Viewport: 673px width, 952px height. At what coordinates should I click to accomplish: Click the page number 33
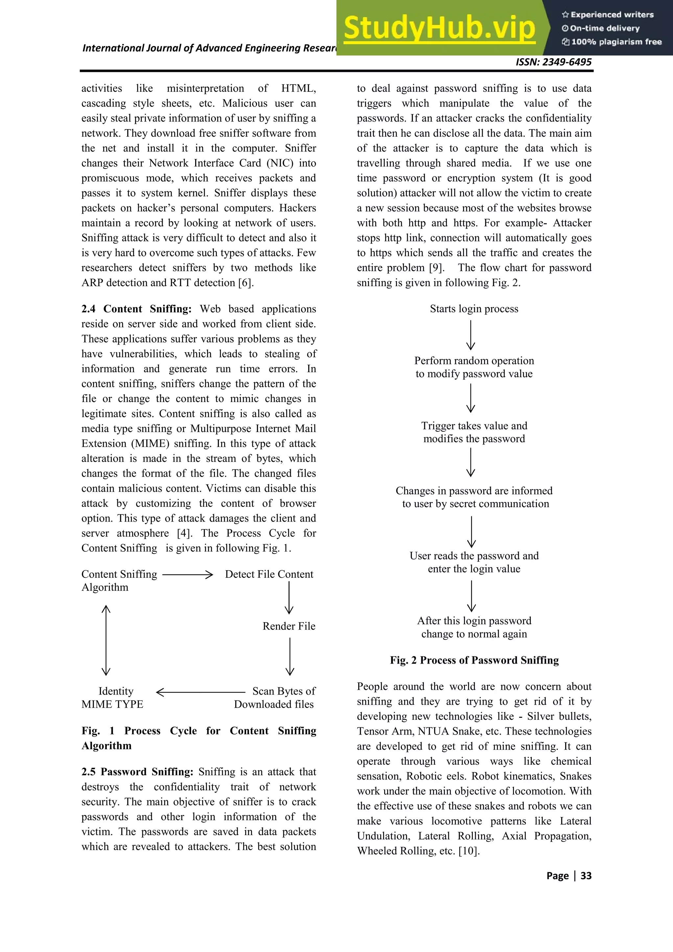[586, 876]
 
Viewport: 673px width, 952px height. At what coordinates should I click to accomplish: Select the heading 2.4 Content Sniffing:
[136, 309]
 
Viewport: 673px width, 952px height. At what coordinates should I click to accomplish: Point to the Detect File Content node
[269, 574]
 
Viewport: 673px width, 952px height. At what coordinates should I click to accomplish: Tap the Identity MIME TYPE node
[113, 697]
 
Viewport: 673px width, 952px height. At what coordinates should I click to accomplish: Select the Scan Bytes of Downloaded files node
[274, 697]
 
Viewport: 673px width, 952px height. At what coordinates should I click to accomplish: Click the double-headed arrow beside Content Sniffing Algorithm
[106, 640]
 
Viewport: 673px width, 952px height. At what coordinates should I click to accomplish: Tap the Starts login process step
[474, 309]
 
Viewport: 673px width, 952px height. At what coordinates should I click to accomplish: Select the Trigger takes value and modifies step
[474, 432]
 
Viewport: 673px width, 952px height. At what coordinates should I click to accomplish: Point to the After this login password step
[474, 627]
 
